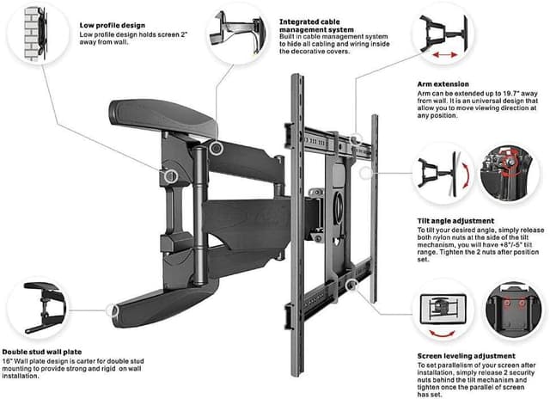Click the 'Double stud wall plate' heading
click(47, 351)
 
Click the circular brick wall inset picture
click(35, 34)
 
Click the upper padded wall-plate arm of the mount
click(158, 115)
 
